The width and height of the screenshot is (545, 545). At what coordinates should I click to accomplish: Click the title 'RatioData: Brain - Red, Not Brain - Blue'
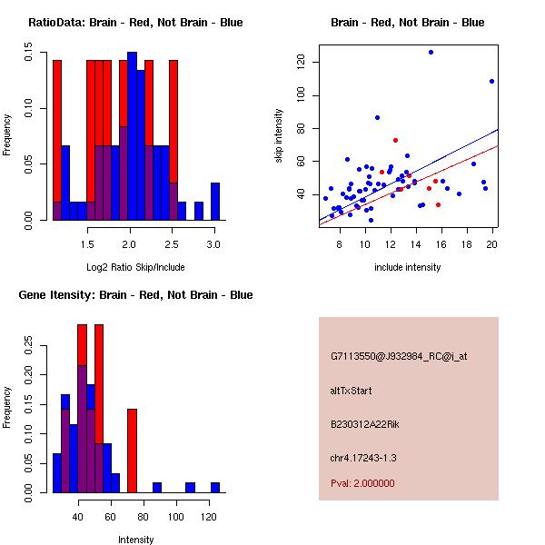[x=135, y=23]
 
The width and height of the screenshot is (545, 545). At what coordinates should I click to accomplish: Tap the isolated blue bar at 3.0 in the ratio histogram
[x=215, y=202]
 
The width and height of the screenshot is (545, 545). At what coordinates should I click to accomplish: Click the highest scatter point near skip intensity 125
[x=431, y=53]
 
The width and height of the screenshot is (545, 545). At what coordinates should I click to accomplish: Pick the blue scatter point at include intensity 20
[x=491, y=81]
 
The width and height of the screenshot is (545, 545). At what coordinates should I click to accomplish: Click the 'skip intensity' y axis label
[x=279, y=135]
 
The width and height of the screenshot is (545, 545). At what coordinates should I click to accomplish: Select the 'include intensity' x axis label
[x=408, y=267]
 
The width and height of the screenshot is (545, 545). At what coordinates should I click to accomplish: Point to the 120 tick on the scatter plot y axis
[x=301, y=62]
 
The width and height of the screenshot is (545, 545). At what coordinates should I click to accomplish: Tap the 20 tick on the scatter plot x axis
[x=491, y=244]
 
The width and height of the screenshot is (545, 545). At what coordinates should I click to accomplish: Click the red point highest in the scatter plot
[x=395, y=140]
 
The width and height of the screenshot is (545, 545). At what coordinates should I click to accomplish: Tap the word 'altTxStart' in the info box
[x=352, y=391]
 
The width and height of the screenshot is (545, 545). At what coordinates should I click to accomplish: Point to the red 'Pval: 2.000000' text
[x=362, y=483]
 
